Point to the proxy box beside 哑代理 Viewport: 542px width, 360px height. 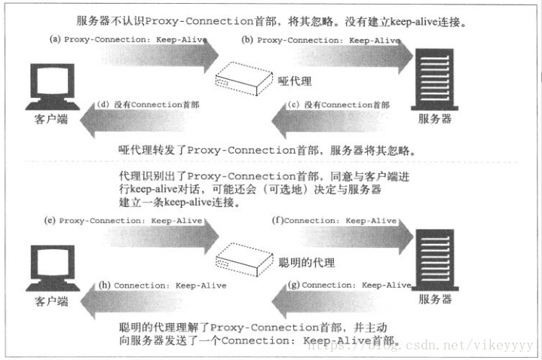click(241, 80)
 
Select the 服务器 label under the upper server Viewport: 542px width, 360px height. click(437, 119)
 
